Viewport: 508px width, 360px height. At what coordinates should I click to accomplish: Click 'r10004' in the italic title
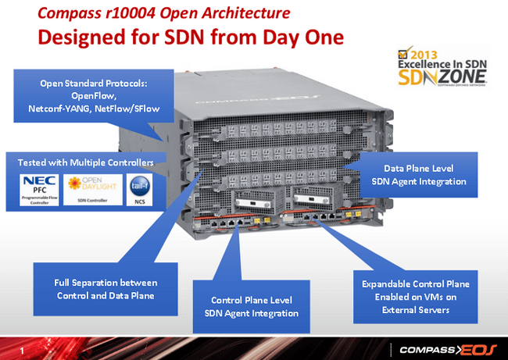click(124, 12)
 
